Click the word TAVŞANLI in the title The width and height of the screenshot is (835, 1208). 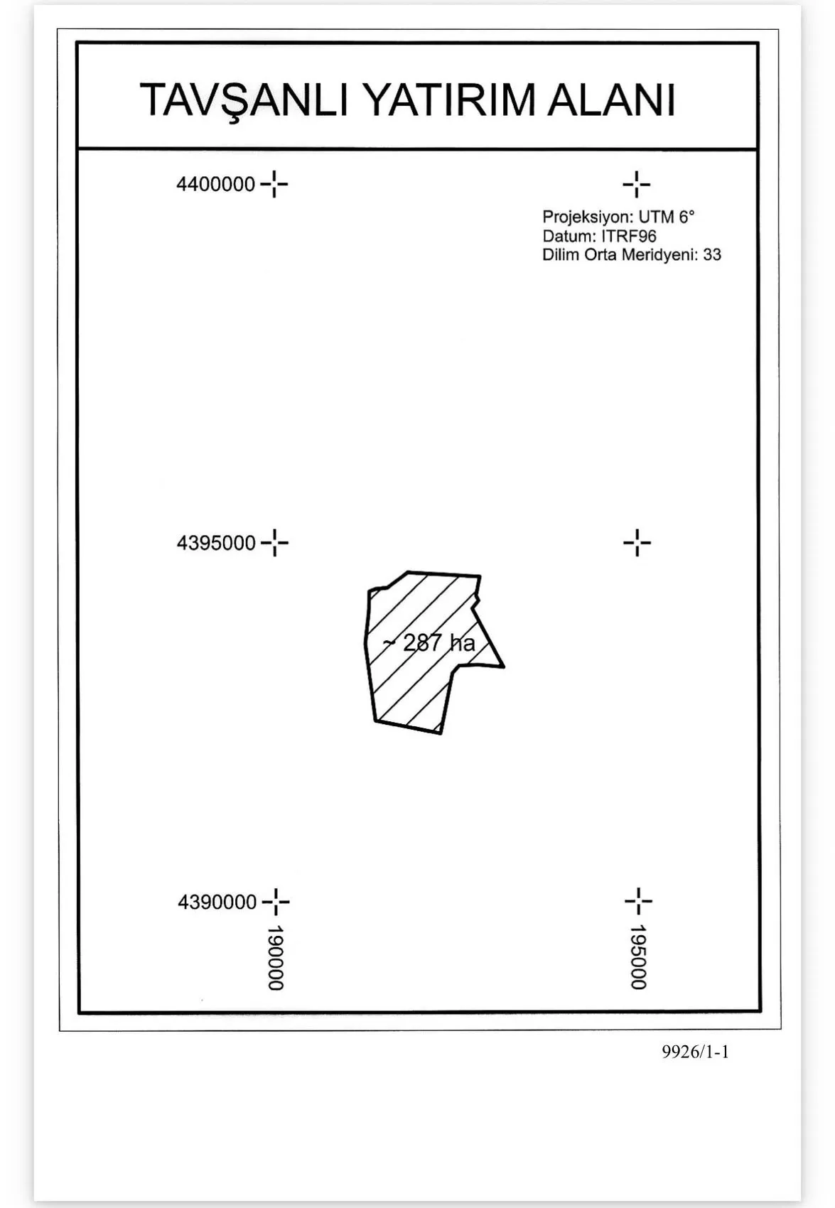[x=244, y=101]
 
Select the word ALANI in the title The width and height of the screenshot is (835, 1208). [x=611, y=100]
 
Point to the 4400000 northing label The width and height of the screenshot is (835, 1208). [x=215, y=185]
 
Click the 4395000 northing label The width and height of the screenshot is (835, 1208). [x=216, y=543]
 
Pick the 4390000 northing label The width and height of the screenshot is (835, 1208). [x=217, y=902]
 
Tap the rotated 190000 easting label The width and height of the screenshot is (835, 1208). [x=276, y=959]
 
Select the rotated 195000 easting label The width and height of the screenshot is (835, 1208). [x=639, y=958]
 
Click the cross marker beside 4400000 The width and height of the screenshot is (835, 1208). [x=274, y=185]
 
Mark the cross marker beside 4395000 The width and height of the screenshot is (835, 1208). [x=275, y=542]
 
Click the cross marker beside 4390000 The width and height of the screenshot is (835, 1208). [x=276, y=901]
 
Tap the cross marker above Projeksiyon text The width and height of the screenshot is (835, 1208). [x=637, y=185]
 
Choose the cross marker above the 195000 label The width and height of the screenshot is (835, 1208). [x=639, y=900]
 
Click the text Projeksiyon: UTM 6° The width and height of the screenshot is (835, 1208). [x=618, y=217]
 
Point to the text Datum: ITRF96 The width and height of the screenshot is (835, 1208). [x=599, y=236]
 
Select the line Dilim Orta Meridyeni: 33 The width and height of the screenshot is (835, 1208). [x=632, y=254]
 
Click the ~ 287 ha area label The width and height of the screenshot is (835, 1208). [x=429, y=643]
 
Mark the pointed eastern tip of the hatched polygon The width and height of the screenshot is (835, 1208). [x=503, y=667]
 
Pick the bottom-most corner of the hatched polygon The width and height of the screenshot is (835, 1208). [x=441, y=733]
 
